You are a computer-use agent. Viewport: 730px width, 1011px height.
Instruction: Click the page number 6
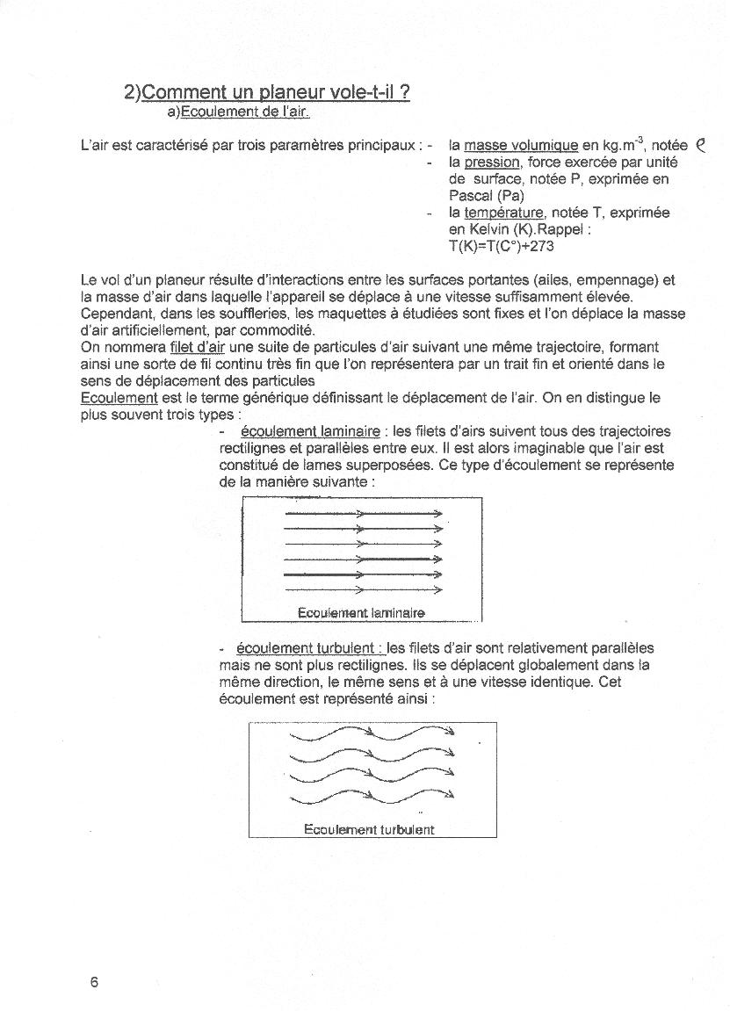coord(94,982)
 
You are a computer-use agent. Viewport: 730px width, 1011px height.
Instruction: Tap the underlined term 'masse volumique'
coord(521,145)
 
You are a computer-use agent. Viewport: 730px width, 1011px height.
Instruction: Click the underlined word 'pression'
coord(492,162)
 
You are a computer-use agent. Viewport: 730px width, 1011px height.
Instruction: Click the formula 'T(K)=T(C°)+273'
coord(501,246)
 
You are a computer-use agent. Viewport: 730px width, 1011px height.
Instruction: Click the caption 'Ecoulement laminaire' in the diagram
coord(361,612)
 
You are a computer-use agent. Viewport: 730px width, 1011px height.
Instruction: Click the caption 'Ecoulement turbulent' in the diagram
coord(369,829)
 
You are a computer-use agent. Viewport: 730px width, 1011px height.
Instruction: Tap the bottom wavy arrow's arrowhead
coord(450,795)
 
